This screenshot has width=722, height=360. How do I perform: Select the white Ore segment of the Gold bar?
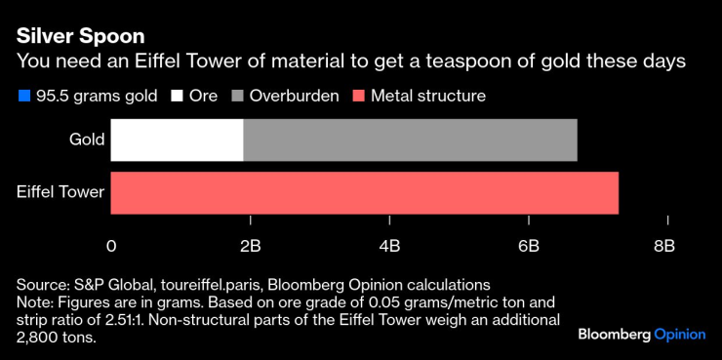(x=177, y=140)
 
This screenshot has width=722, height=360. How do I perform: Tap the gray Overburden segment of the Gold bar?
(x=410, y=140)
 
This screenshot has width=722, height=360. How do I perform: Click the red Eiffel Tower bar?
(x=364, y=192)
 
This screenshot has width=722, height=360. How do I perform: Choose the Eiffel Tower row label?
(x=60, y=192)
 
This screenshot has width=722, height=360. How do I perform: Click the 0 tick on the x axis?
(x=111, y=245)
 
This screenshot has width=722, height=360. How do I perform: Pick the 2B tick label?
(x=251, y=245)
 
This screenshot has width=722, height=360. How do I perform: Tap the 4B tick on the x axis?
(x=389, y=245)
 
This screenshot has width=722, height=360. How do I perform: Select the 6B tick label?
(x=528, y=245)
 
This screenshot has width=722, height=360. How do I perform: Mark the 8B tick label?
(x=664, y=245)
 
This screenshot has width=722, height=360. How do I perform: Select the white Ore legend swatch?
(x=179, y=96)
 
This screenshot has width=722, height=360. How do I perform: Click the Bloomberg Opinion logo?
(x=641, y=334)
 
